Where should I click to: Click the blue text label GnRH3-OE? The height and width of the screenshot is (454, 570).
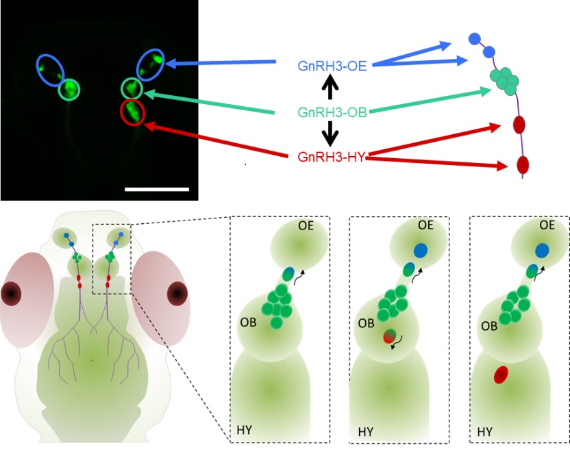332,66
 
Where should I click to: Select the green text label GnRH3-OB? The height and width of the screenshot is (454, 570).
332,112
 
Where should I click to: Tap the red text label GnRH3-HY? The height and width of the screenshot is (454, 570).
331,157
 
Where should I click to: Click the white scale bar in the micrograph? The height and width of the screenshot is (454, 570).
157,189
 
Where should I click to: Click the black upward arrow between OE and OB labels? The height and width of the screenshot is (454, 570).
330,86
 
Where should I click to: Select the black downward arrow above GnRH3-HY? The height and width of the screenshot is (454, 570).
330,134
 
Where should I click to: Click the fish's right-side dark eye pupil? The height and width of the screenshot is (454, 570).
177,293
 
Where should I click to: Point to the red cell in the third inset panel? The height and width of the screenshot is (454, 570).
501,375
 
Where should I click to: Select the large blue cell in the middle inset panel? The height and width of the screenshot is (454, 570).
421,250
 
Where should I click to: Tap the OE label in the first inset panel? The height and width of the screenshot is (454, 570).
306,226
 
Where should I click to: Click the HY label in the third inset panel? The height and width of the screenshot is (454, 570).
485,432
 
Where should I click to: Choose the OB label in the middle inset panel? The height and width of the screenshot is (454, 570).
366,323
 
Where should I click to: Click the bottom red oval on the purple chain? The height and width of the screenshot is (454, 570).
523,164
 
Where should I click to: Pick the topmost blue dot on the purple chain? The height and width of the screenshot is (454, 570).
475,39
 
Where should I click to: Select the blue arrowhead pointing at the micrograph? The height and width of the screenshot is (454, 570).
171,64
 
